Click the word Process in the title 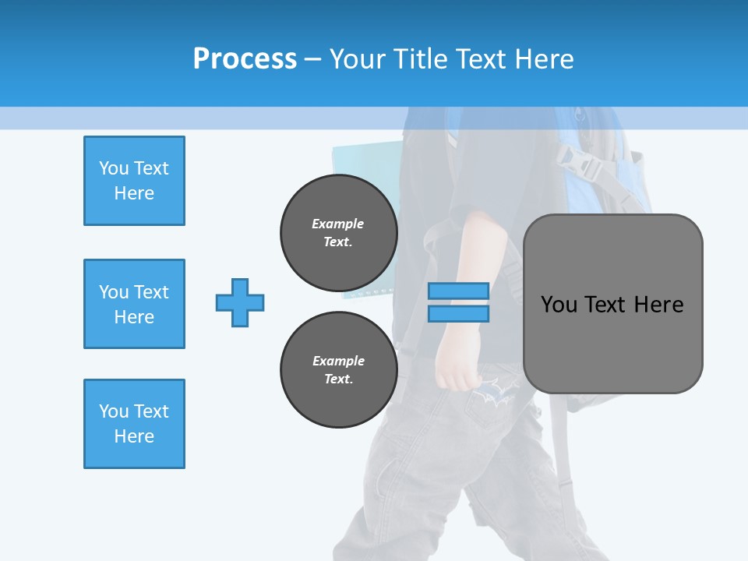point(245,58)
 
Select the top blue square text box point(134,181)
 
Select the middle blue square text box point(134,304)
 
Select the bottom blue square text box point(134,424)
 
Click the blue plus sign point(240,302)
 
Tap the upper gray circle point(338,232)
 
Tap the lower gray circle point(338,369)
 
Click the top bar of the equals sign point(458,291)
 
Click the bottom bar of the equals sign point(458,313)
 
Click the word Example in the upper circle point(337,224)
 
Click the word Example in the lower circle point(338,361)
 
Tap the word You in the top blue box point(114,168)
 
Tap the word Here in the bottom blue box point(134,436)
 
